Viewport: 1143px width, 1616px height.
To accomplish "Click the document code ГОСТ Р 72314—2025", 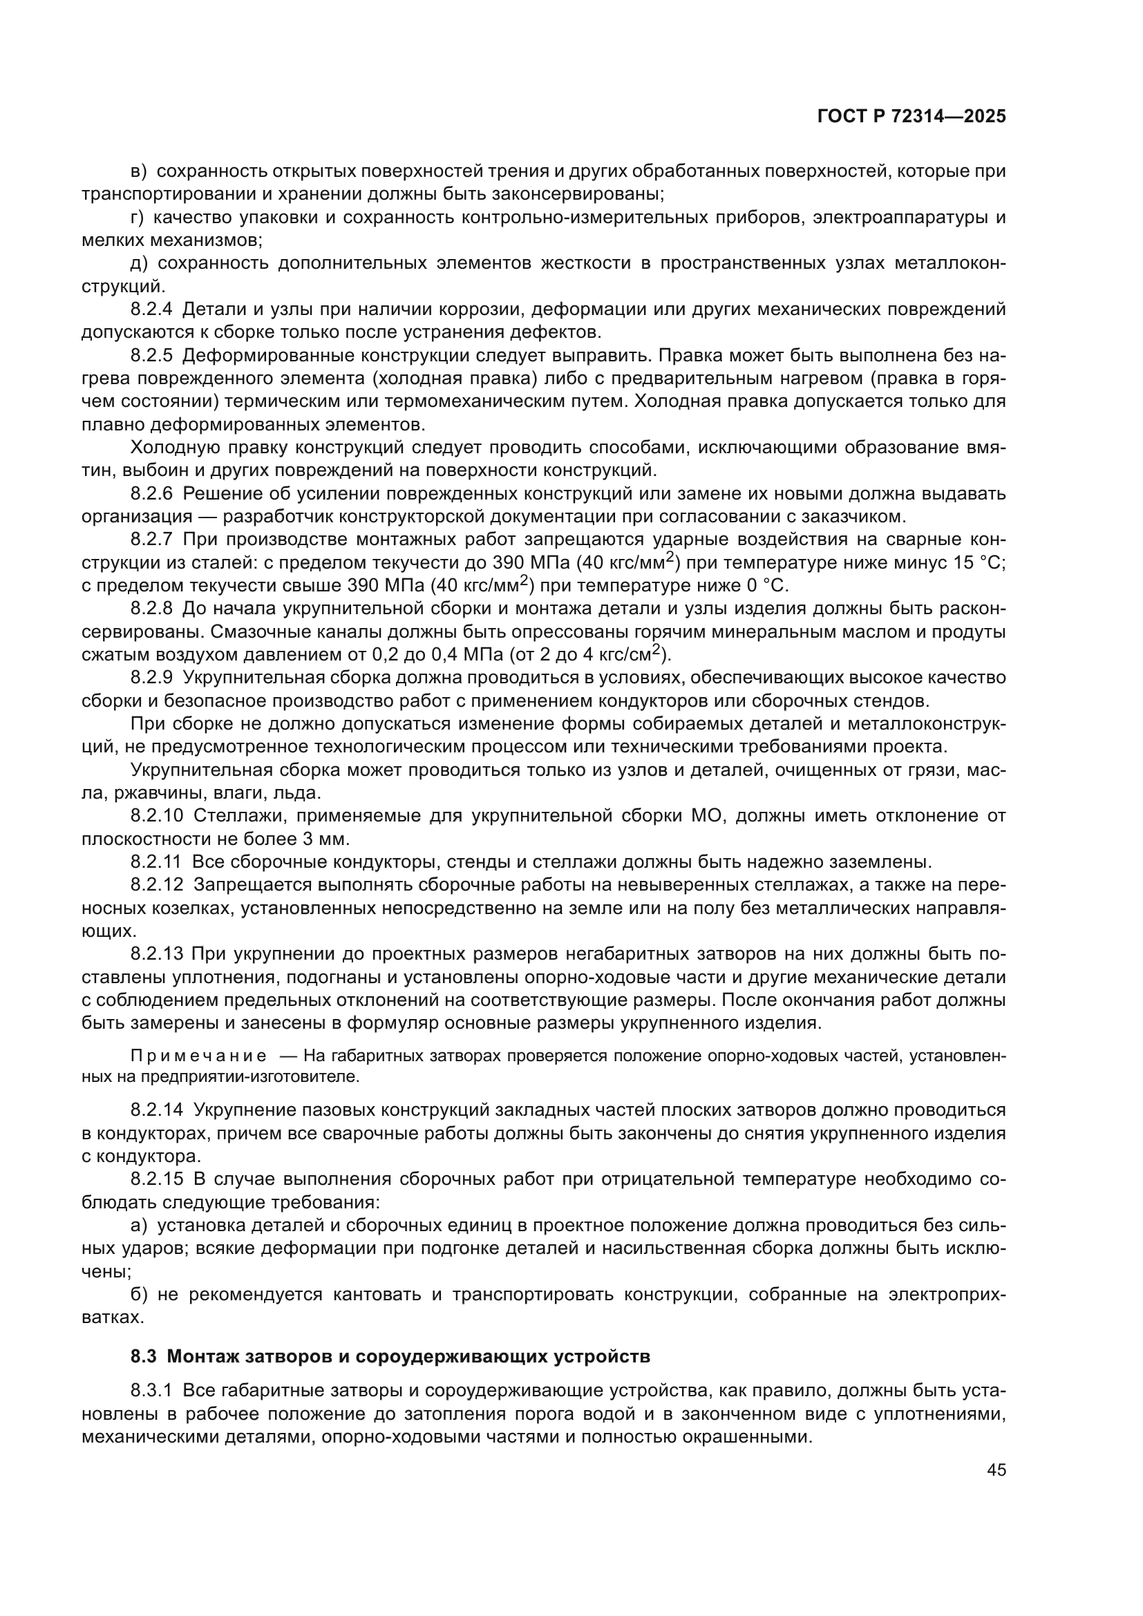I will pos(911,117).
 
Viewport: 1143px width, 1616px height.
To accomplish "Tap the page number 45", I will pos(996,1470).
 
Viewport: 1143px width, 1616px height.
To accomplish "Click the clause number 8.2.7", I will pos(152,539).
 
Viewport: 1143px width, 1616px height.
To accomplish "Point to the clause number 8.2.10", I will pos(157,816).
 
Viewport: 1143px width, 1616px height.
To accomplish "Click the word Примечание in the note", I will pos(198,1056).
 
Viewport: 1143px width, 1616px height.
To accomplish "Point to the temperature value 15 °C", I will pos(971,563).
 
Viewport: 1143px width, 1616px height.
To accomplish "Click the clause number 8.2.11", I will pos(156,862).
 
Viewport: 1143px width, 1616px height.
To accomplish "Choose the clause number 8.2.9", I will pos(152,678).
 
